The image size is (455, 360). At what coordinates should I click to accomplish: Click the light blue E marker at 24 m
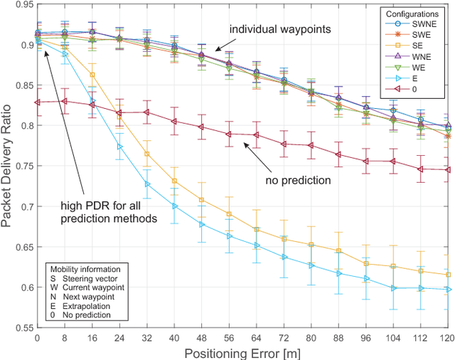(x=119, y=147)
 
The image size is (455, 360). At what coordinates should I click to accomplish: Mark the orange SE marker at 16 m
(x=92, y=75)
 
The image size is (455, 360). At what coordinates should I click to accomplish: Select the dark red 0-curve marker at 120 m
(x=446, y=170)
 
